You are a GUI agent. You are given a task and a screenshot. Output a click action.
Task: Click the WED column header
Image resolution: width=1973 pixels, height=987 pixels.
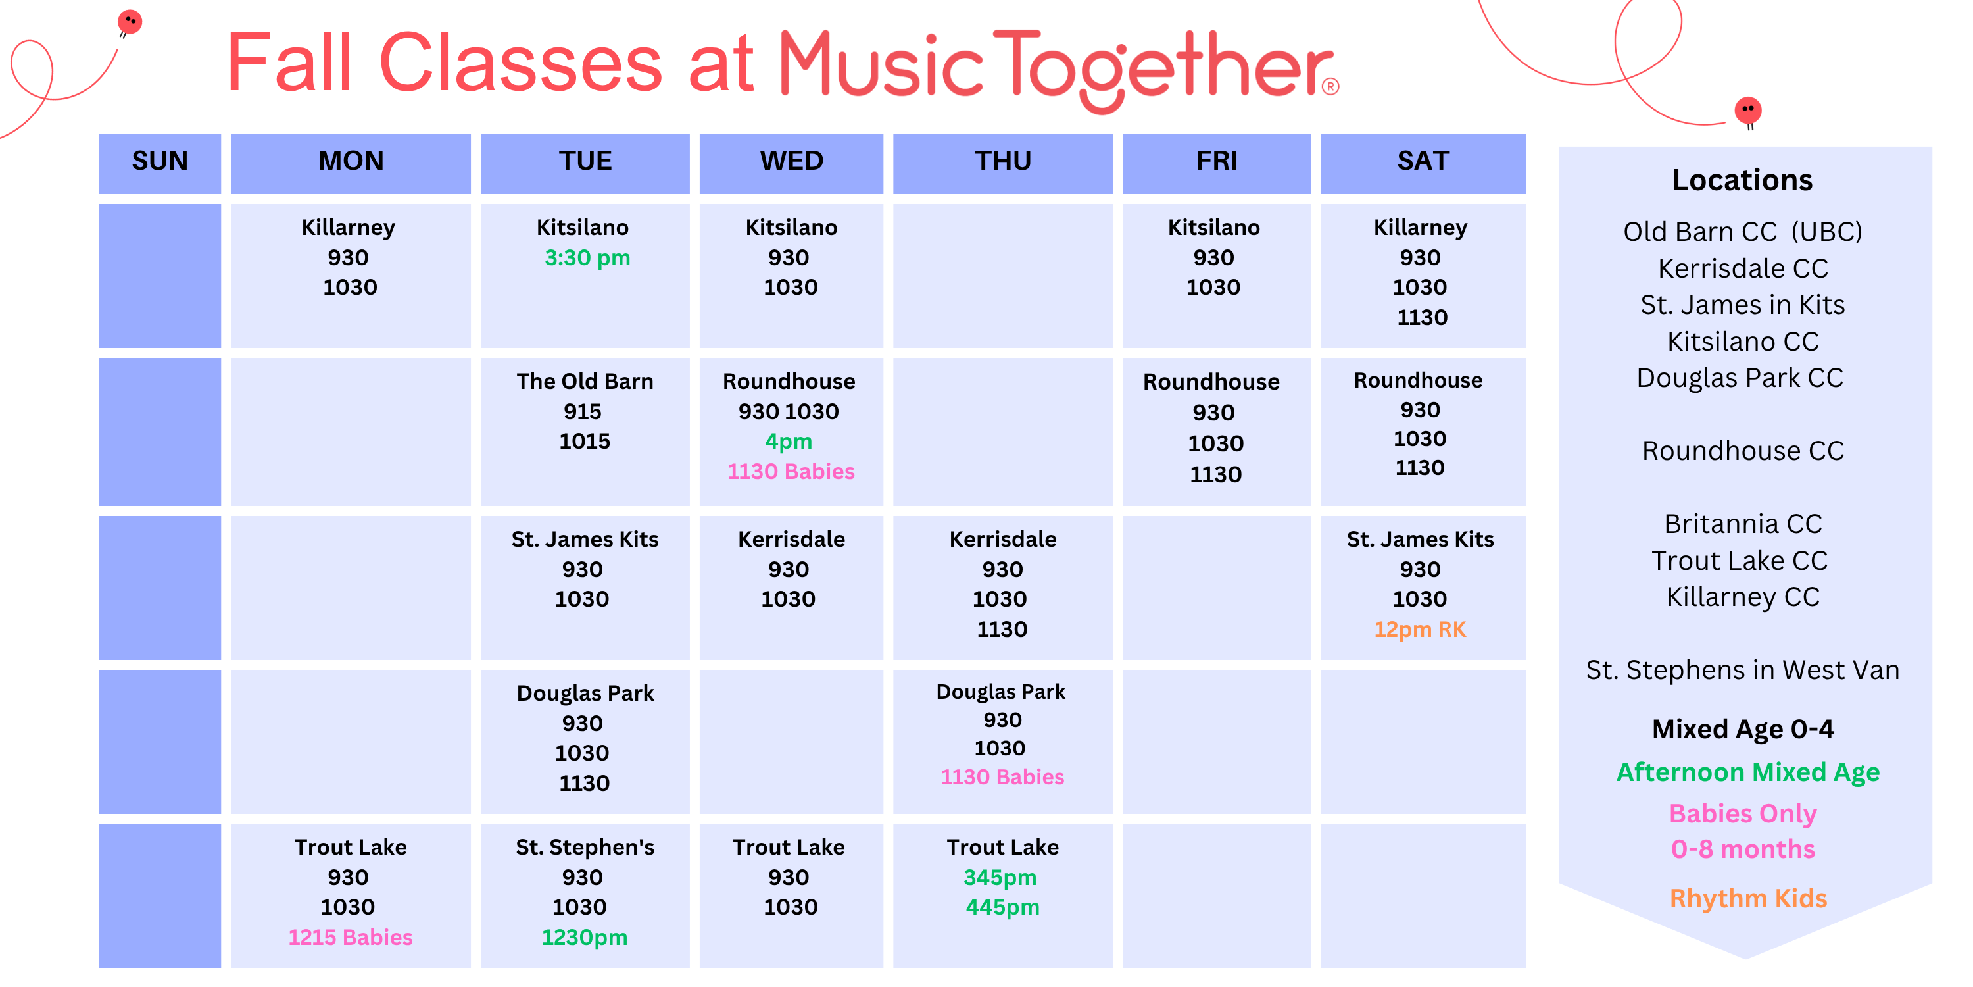(791, 161)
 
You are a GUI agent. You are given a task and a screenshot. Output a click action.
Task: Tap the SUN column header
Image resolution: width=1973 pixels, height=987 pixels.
(159, 161)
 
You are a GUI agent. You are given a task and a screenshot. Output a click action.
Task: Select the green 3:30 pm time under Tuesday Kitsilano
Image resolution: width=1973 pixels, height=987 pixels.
(587, 257)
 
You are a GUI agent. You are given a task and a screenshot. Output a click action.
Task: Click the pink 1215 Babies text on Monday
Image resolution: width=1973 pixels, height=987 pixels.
(350, 937)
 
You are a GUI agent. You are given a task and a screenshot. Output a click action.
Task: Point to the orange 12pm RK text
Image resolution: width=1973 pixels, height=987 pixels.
(1420, 629)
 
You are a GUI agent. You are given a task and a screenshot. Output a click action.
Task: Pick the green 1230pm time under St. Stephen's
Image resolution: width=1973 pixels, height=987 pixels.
(585, 937)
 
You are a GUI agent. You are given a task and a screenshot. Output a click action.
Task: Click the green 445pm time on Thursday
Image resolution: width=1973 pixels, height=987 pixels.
(1002, 907)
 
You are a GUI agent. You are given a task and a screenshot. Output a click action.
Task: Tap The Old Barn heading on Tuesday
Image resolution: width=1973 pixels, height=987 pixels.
(585, 382)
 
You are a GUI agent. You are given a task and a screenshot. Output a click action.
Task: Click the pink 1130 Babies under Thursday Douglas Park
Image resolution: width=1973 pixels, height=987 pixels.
(1002, 777)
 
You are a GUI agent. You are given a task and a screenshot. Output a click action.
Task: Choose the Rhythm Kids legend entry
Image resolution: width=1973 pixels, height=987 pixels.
(1749, 898)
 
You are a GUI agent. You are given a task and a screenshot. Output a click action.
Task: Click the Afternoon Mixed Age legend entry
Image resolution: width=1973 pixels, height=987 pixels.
(1749, 772)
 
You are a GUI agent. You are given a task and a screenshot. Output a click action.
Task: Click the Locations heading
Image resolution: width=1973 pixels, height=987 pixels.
(1742, 180)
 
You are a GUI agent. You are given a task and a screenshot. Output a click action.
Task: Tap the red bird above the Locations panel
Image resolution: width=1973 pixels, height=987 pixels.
(1749, 111)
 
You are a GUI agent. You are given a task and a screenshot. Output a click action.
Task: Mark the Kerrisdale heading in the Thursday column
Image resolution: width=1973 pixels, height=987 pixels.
(1002, 540)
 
